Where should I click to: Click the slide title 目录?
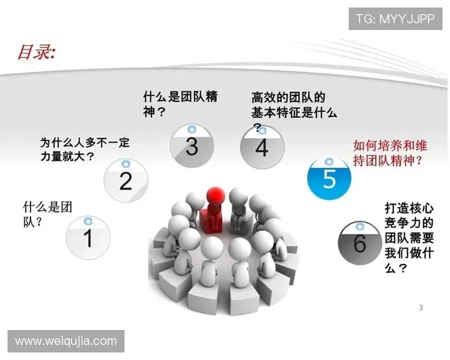point(37,53)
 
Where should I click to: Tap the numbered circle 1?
point(88,238)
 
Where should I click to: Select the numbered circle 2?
point(125,180)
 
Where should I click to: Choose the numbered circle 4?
point(261,147)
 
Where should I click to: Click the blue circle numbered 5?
point(329,179)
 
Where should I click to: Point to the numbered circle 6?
point(359,241)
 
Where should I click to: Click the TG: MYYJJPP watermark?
point(395,17)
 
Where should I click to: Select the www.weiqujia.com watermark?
point(66,341)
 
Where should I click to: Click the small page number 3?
point(421,307)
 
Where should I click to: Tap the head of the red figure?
point(216,193)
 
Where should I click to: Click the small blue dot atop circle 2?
point(125,163)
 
